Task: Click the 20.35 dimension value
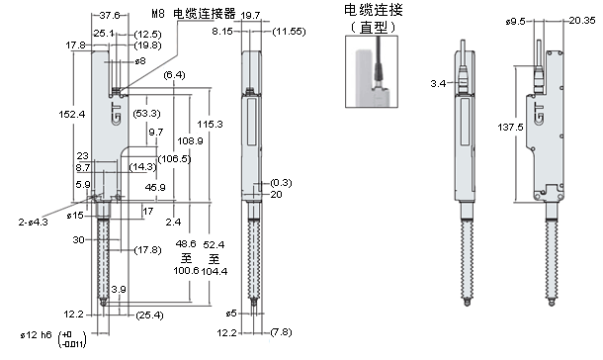[x=581, y=18]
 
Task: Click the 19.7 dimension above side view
[x=251, y=16]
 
